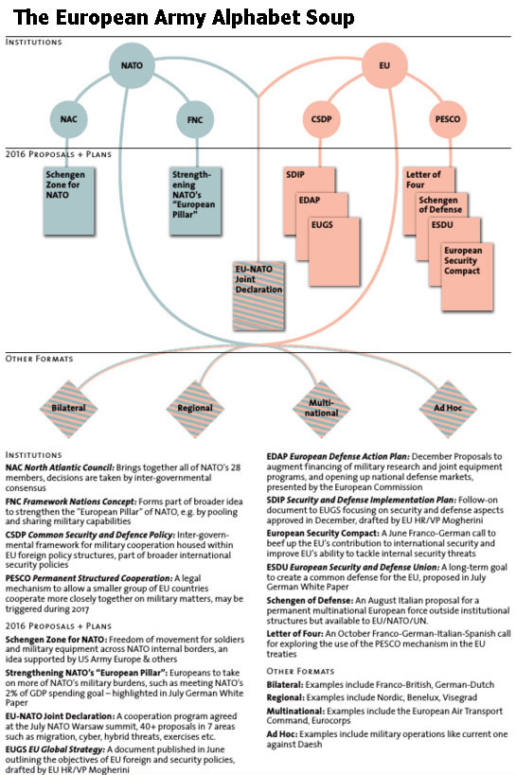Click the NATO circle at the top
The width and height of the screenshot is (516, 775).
click(x=132, y=65)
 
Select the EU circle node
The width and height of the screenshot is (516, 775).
click(x=384, y=65)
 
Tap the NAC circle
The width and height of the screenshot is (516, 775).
click(x=69, y=119)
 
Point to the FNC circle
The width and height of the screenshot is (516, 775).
click(x=195, y=119)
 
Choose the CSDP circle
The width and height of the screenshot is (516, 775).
click(x=322, y=119)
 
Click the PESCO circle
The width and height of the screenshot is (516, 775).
click(x=448, y=119)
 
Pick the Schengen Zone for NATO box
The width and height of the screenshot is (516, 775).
click(x=69, y=201)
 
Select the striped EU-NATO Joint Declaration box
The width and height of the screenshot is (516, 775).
click(x=258, y=296)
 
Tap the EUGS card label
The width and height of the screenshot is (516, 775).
click(x=322, y=225)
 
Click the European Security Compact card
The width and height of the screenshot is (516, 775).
click(x=467, y=275)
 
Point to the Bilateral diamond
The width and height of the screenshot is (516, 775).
click(x=69, y=408)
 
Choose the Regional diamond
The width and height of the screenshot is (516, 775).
click(x=195, y=408)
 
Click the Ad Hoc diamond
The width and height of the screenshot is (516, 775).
click(x=448, y=408)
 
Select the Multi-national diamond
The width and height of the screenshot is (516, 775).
click(x=322, y=408)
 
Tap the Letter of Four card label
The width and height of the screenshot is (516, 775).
click(x=423, y=180)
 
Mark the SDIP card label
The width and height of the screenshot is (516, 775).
click(x=295, y=174)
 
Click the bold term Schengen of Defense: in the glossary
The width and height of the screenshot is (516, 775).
click(x=311, y=601)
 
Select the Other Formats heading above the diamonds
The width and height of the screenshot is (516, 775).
click(x=39, y=359)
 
